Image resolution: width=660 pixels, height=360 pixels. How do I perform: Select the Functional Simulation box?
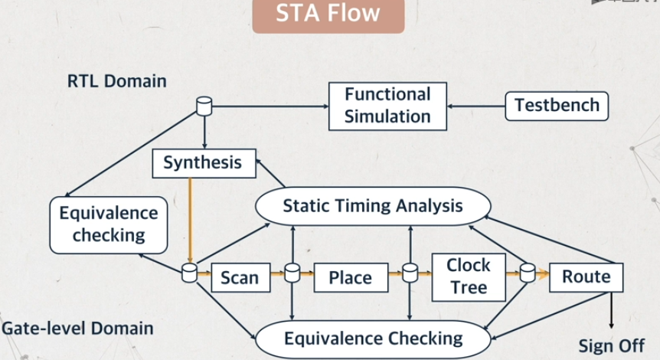[x=387, y=106]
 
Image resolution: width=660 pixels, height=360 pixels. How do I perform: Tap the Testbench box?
[x=557, y=106]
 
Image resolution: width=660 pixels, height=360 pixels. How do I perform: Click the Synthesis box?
[x=204, y=163]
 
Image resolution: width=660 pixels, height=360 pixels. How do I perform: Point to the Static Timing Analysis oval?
[x=373, y=206]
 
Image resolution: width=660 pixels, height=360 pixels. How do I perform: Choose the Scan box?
[x=240, y=277]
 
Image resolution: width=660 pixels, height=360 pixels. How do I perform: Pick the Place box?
[x=351, y=277]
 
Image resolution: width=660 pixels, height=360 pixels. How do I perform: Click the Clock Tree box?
[x=469, y=277]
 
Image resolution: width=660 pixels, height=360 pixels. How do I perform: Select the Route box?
[x=586, y=277]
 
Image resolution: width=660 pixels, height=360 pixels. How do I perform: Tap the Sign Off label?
[x=611, y=346]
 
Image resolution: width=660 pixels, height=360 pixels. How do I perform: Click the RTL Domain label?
[x=117, y=81]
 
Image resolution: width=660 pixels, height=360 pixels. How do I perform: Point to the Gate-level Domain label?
[x=77, y=329]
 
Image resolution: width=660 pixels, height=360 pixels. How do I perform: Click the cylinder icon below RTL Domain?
[x=204, y=106]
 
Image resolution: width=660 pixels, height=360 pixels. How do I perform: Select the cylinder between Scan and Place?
[x=292, y=273]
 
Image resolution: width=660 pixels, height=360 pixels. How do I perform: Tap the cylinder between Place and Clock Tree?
[x=410, y=273]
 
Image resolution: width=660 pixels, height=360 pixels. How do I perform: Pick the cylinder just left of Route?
[x=528, y=273]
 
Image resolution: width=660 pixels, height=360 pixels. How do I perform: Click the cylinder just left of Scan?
[x=189, y=273]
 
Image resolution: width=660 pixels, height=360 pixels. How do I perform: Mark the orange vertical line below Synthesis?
[x=190, y=221]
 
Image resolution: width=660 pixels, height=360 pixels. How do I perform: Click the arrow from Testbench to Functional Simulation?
[x=476, y=106]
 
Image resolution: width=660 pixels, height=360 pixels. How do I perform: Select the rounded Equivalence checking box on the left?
[x=109, y=225]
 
